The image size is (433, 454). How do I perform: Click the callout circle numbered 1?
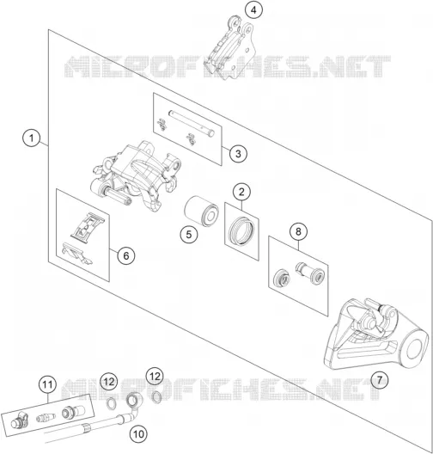point(31,138)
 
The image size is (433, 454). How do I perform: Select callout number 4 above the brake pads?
point(253,10)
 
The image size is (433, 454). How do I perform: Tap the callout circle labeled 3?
point(238,153)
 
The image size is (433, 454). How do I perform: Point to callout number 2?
point(241,192)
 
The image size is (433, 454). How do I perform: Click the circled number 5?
point(189,234)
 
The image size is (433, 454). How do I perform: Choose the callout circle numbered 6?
point(126,255)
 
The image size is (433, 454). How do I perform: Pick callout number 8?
point(298,231)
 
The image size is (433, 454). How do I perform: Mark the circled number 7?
point(379,379)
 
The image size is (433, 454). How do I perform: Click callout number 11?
point(48,385)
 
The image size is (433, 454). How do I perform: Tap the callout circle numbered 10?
point(138,433)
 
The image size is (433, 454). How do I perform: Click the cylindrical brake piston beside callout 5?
point(201,212)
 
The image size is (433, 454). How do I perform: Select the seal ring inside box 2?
point(241,230)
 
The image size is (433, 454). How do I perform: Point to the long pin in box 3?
point(192,123)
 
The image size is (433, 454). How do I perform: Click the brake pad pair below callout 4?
point(229,48)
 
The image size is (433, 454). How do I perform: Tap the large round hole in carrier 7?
point(417,348)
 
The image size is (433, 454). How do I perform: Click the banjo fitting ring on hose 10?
point(133,401)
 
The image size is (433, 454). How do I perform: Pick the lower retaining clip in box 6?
point(77,253)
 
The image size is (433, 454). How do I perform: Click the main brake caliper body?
point(136,176)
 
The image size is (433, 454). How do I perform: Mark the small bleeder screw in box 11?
point(46,418)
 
